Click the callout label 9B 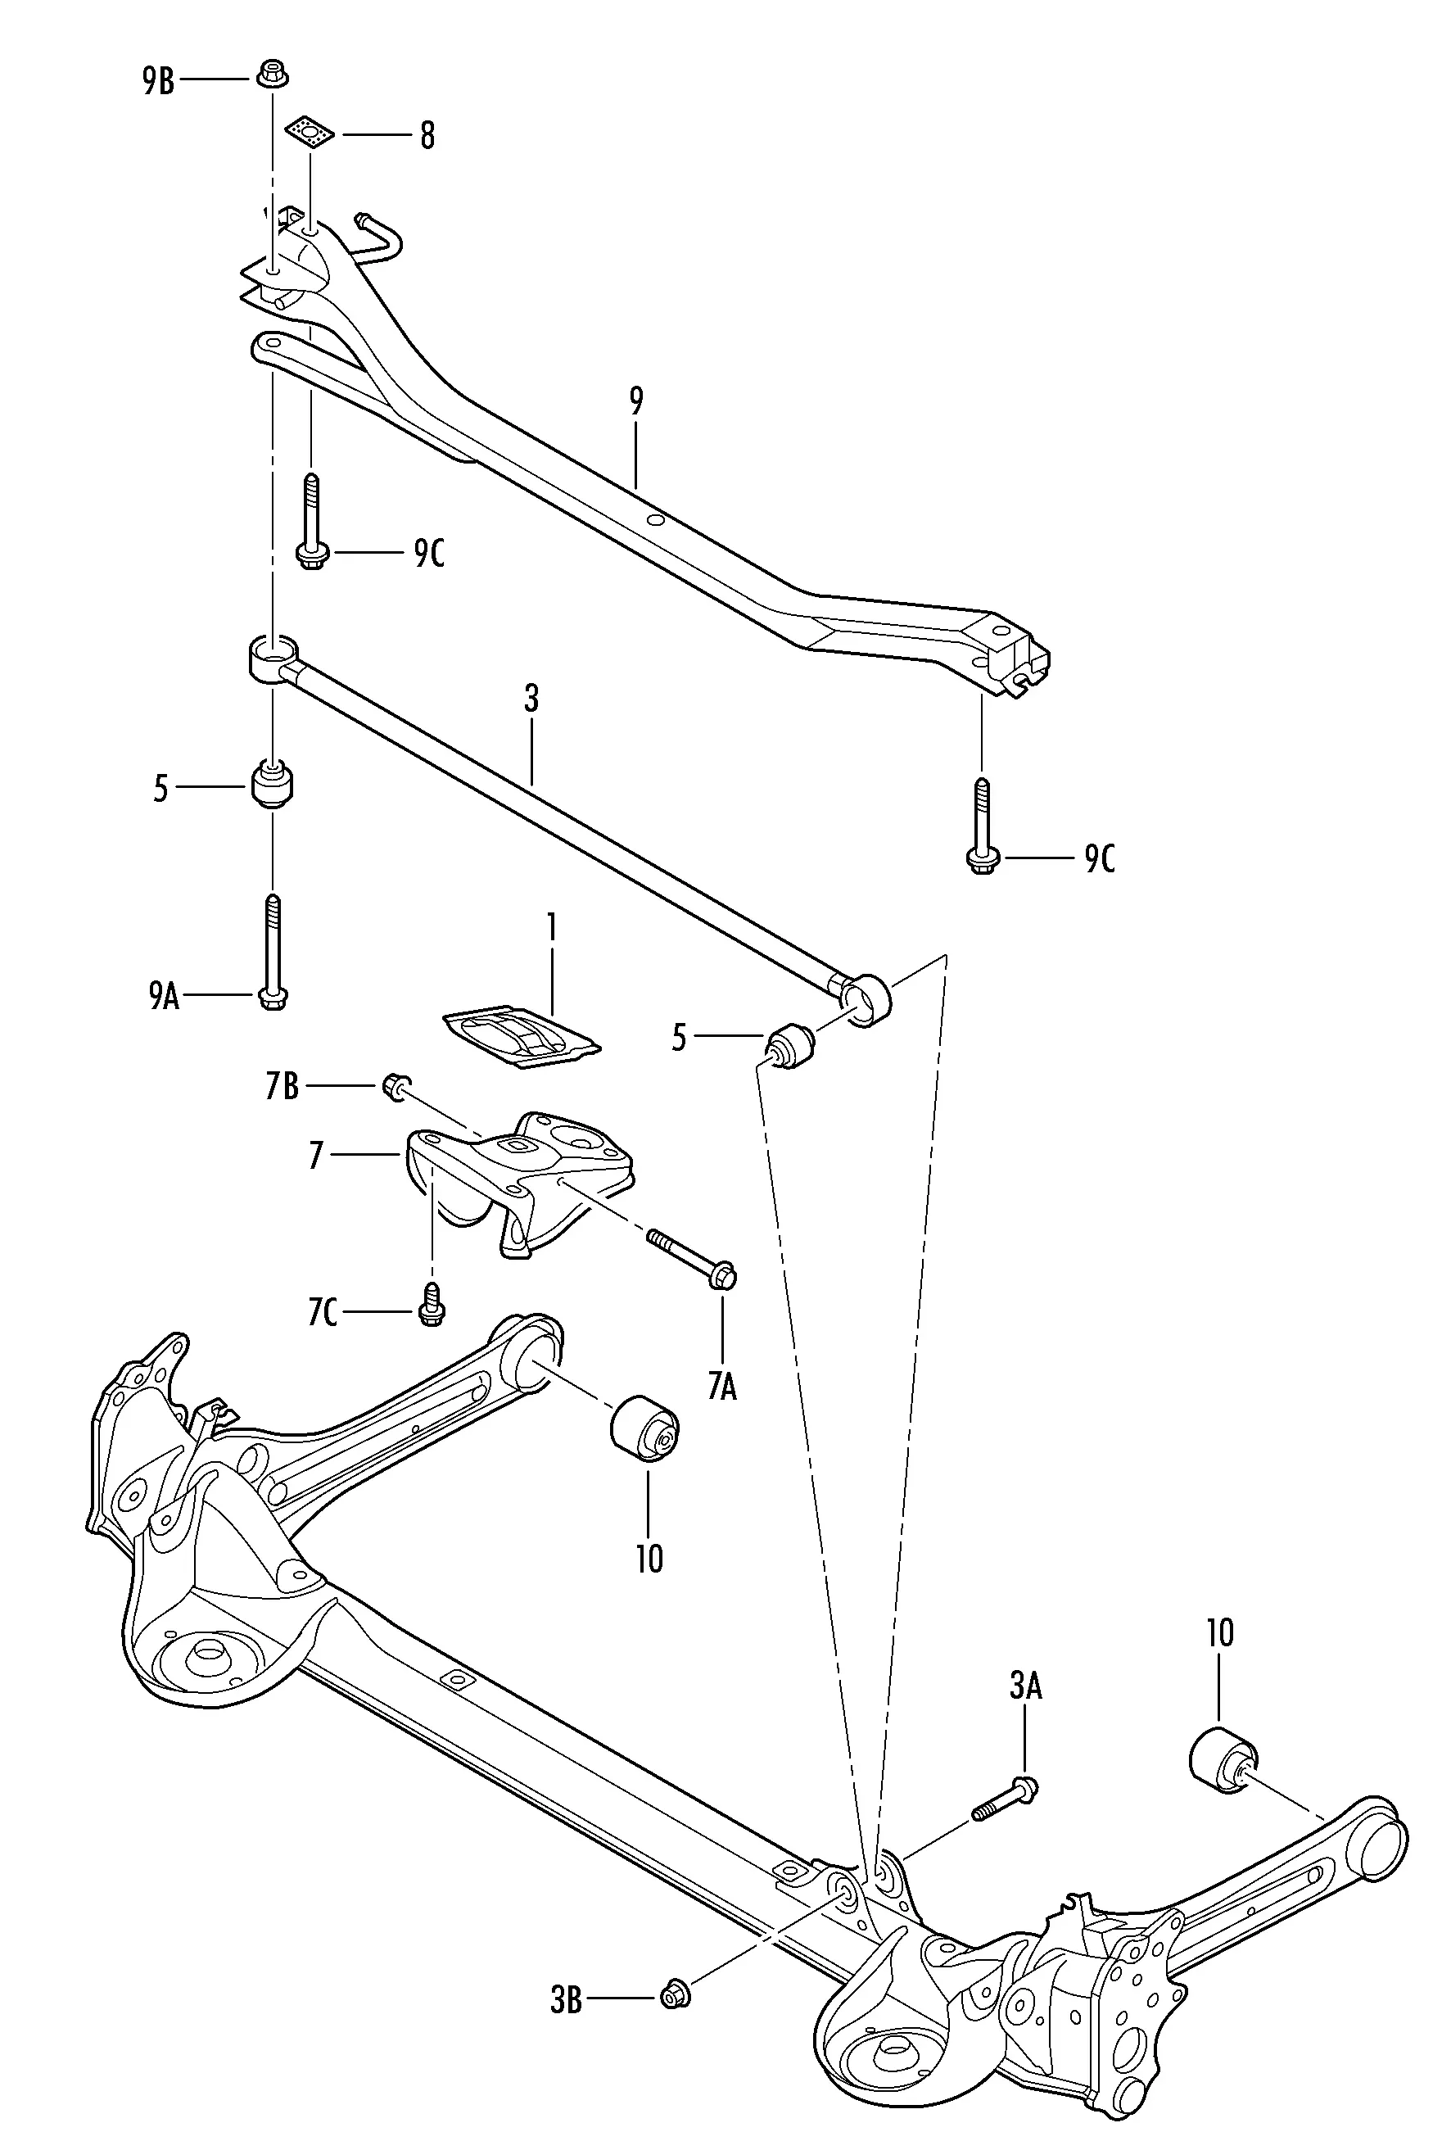[x=159, y=80]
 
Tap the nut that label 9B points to [x=271, y=73]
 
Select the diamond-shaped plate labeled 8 [x=310, y=134]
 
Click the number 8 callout [x=427, y=135]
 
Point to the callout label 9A [x=164, y=995]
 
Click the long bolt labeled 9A [x=273, y=952]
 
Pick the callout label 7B [x=282, y=1086]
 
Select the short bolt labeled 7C [x=430, y=1304]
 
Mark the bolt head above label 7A [x=723, y=1276]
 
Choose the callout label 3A [x=1025, y=1685]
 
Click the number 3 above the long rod [x=531, y=699]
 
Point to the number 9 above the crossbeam [x=636, y=401]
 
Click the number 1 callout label [x=552, y=928]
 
